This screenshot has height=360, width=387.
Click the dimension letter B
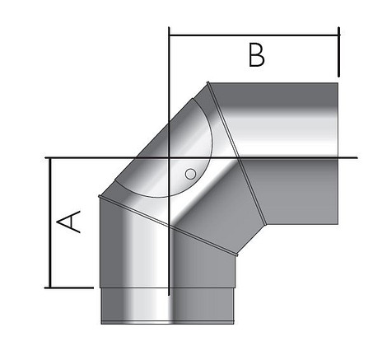click(x=257, y=55)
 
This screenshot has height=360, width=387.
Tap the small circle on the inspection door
click(x=190, y=174)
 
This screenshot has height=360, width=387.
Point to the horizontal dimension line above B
click(x=254, y=35)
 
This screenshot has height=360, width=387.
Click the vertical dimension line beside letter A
click(x=51, y=222)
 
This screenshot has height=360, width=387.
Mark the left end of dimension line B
click(x=169, y=35)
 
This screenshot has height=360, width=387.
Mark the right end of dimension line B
click(x=338, y=35)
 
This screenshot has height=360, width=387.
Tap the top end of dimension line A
click(x=51, y=157)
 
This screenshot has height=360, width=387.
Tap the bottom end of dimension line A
click(x=51, y=288)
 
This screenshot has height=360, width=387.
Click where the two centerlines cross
click(x=169, y=157)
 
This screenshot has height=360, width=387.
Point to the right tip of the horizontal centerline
click(x=357, y=157)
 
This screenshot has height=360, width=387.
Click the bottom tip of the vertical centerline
click(x=169, y=295)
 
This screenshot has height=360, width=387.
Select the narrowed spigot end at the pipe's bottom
click(x=167, y=305)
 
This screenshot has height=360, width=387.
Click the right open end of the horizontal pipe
click(x=338, y=152)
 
